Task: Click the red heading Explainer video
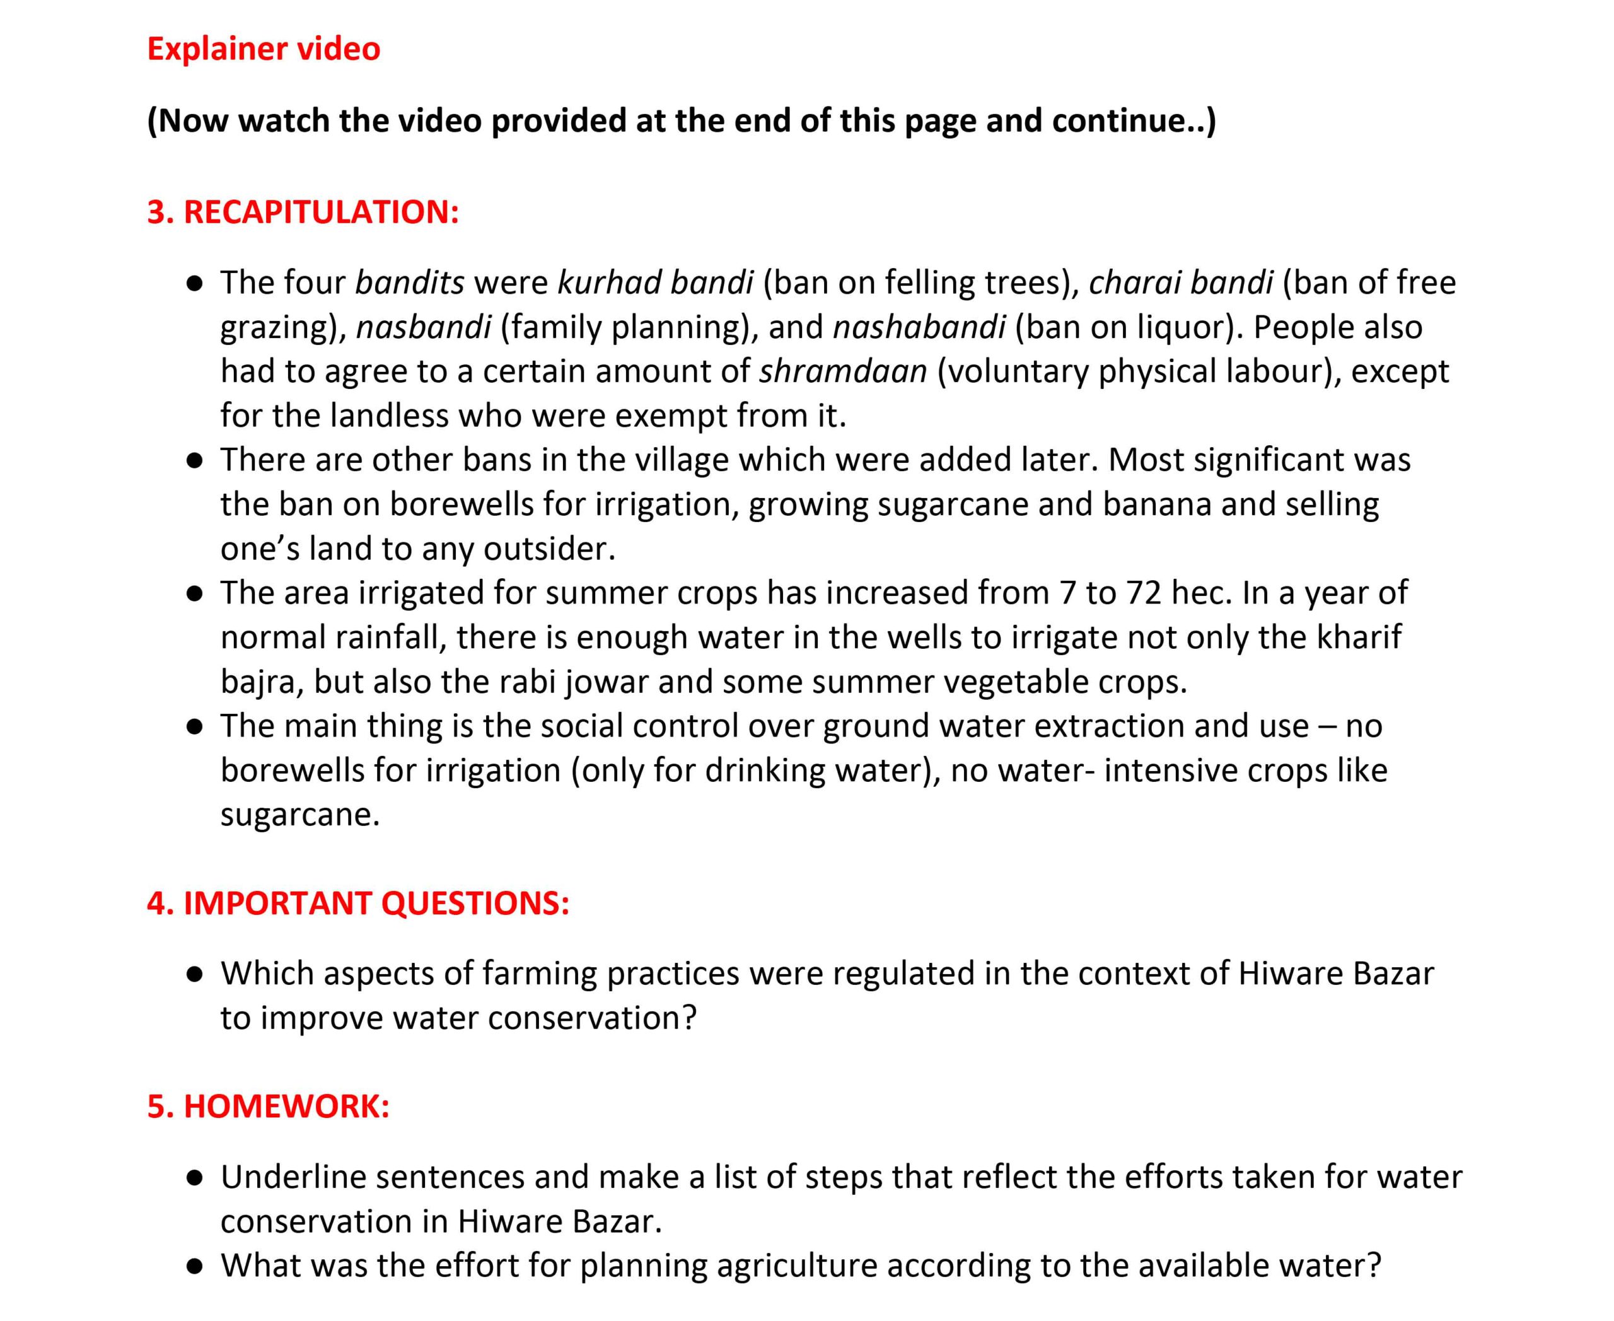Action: click(x=264, y=49)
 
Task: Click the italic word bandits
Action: click(x=409, y=283)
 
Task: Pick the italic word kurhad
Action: click(x=601, y=283)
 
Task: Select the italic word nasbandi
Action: click(x=423, y=327)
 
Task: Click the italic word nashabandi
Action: click(x=919, y=327)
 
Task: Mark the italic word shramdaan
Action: click(x=843, y=372)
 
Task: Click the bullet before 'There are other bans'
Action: click(x=195, y=461)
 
